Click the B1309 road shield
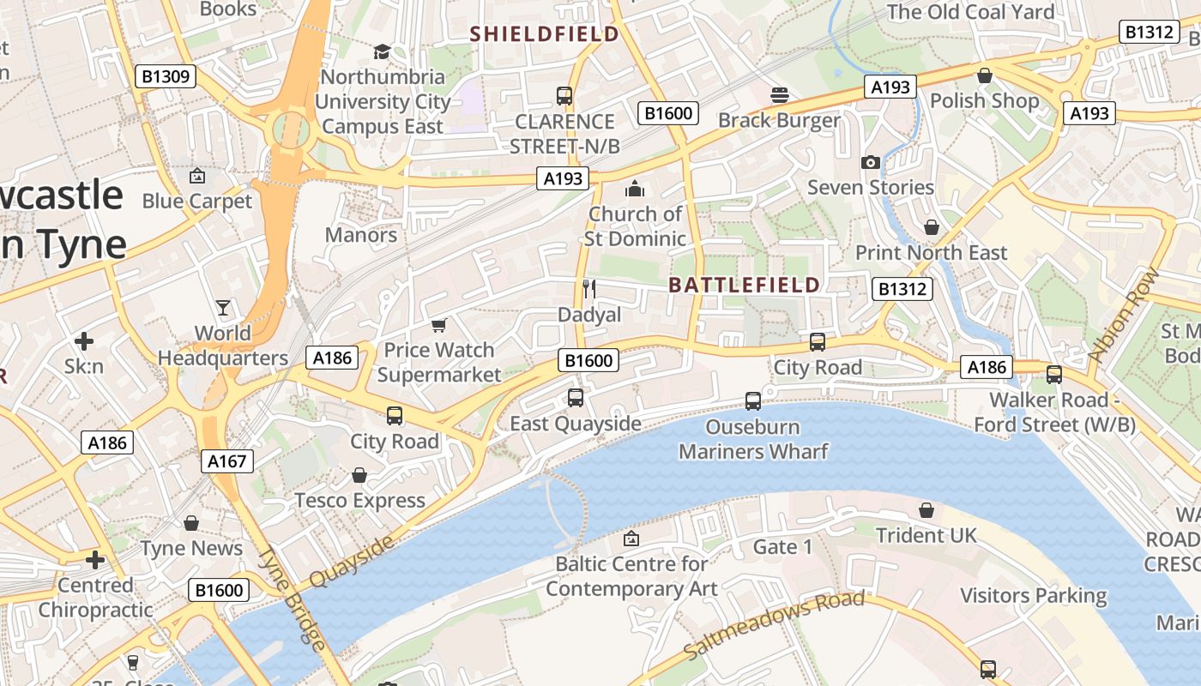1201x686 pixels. coord(166,77)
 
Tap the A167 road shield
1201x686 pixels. coord(227,461)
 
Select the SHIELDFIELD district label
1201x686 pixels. coord(545,34)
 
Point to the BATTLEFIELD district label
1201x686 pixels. coord(744,285)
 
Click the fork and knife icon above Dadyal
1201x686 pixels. coord(588,288)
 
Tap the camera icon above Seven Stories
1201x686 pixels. coord(870,162)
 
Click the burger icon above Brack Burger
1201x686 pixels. coord(779,94)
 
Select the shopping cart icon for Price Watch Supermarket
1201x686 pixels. coord(438,325)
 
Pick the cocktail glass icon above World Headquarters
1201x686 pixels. coord(223,308)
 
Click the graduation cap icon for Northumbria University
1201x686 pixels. coord(382,52)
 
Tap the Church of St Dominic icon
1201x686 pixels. coord(635,189)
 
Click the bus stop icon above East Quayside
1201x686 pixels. coord(575,398)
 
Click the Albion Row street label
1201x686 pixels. coord(1123,314)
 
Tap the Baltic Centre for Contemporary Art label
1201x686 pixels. coord(631,576)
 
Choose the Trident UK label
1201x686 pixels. coord(926,536)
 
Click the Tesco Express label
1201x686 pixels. coord(359,501)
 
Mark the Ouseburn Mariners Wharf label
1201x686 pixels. coord(753,439)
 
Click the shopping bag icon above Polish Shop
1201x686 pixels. coord(984,75)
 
